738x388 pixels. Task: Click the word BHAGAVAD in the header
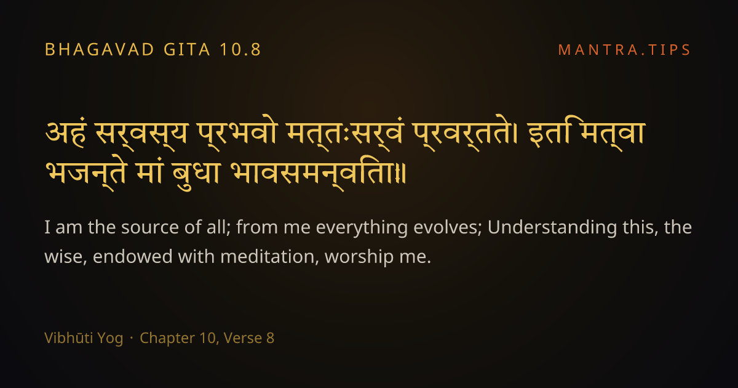tap(99, 50)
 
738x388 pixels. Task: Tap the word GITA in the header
tap(187, 50)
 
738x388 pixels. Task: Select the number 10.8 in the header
tap(240, 50)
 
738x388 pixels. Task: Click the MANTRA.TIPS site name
tap(624, 50)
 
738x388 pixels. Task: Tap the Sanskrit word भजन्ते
tap(86, 174)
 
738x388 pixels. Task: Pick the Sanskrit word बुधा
tap(196, 175)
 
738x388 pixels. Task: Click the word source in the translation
tap(149, 228)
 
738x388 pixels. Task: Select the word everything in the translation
tap(362, 228)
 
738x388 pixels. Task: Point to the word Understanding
tap(552, 228)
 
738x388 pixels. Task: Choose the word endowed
tap(132, 256)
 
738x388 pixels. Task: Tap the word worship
tap(359, 257)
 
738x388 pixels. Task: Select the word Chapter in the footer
tap(167, 339)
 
